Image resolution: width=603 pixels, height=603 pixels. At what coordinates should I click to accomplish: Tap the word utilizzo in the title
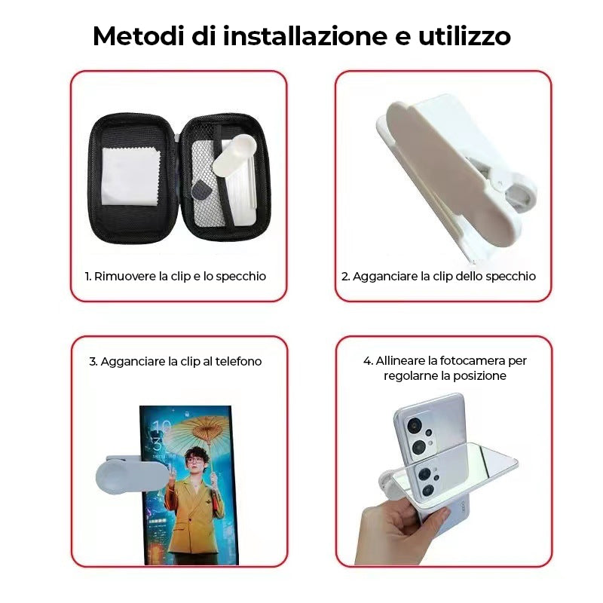point(464,36)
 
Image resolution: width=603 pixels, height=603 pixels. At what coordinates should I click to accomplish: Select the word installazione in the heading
point(305,36)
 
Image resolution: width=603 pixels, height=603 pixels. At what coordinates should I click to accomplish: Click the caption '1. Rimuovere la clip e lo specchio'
point(176,277)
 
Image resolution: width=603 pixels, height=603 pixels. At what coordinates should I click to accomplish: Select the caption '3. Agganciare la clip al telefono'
point(176,362)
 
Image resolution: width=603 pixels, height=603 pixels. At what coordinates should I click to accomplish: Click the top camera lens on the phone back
point(414,425)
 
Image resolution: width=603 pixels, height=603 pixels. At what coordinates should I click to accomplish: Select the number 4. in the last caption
point(368,361)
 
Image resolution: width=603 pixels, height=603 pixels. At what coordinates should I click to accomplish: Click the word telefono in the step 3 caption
point(238,362)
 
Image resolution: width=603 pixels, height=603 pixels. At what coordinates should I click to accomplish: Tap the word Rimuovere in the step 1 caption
point(125,277)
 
